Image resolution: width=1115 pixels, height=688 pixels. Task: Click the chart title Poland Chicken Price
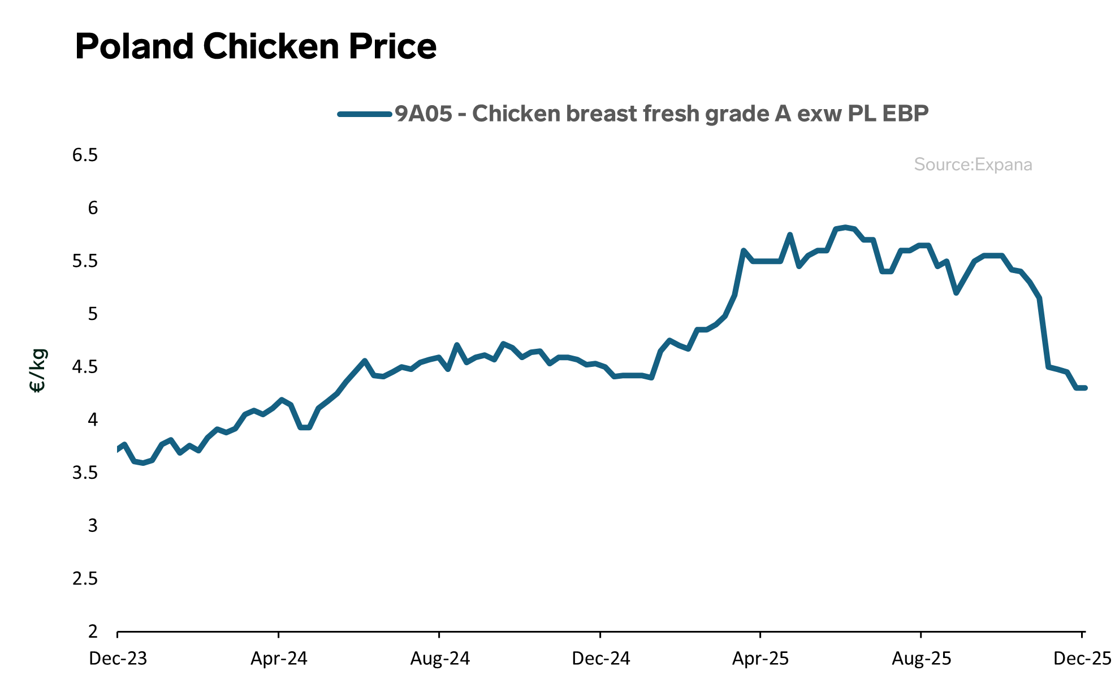pyautogui.click(x=256, y=46)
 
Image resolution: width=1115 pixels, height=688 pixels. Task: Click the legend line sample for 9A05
pyautogui.click(x=365, y=114)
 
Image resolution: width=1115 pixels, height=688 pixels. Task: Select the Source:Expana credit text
pyautogui.click(x=973, y=165)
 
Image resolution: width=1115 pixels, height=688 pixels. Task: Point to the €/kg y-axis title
pyautogui.click(x=37, y=370)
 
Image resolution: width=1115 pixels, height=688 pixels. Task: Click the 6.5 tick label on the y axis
pyautogui.click(x=85, y=155)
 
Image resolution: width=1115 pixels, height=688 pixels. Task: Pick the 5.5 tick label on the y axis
pyautogui.click(x=85, y=261)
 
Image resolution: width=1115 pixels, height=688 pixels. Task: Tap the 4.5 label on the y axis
pyautogui.click(x=85, y=367)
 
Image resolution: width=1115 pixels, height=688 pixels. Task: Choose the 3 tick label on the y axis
pyautogui.click(x=93, y=526)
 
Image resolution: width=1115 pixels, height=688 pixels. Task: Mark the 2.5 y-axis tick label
pyautogui.click(x=85, y=579)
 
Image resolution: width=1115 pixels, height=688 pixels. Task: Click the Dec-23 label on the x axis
pyautogui.click(x=118, y=659)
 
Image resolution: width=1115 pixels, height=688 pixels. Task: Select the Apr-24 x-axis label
pyautogui.click(x=279, y=659)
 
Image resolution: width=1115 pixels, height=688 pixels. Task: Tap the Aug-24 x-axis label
pyautogui.click(x=440, y=659)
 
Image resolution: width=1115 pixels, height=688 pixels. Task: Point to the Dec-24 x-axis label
pyautogui.click(x=600, y=659)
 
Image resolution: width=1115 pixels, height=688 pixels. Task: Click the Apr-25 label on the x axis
pyautogui.click(x=760, y=659)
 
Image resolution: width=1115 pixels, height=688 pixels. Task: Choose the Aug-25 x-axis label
pyautogui.click(x=922, y=659)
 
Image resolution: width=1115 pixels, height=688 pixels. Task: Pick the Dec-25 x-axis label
pyautogui.click(x=1082, y=659)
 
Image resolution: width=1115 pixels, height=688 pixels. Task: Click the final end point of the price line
pyautogui.click(x=1085, y=388)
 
